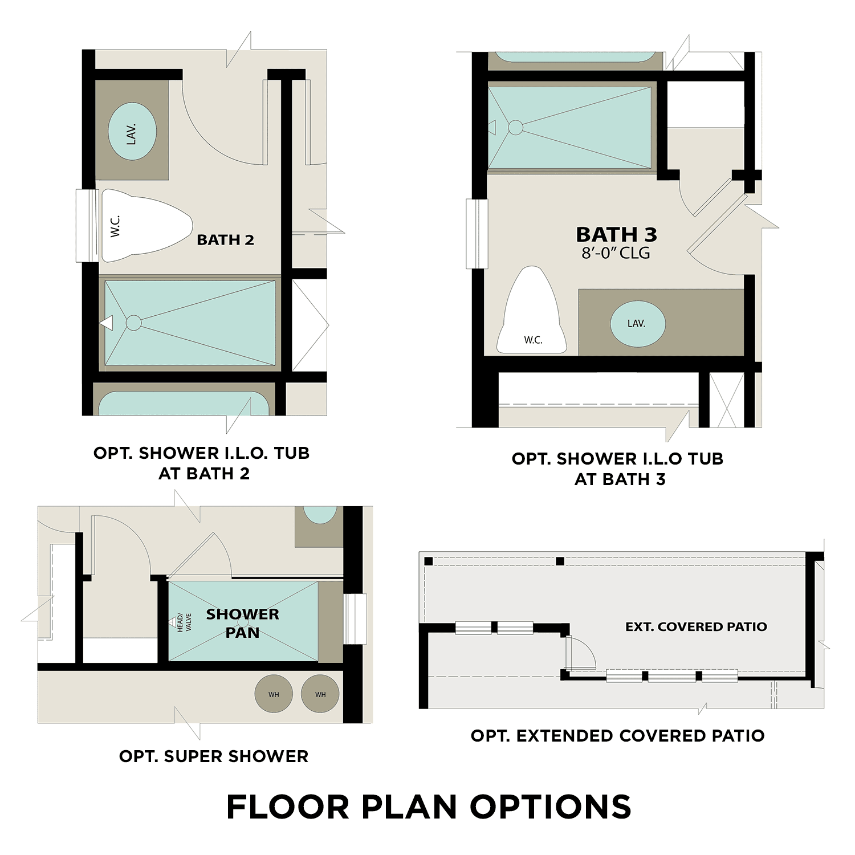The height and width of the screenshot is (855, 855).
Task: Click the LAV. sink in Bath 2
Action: (x=132, y=133)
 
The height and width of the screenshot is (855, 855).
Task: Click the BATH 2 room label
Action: (x=225, y=240)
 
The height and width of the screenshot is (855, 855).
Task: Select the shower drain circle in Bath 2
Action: (x=133, y=323)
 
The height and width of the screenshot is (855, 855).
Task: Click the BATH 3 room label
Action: (x=616, y=234)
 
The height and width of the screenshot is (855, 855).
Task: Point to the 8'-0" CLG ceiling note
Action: (x=616, y=253)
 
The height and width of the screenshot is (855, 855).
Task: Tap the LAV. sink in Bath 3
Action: (x=637, y=324)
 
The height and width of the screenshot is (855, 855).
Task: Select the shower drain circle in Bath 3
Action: (x=515, y=127)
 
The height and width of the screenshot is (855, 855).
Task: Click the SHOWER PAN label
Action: (x=242, y=623)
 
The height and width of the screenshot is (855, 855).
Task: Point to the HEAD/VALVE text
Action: (x=184, y=622)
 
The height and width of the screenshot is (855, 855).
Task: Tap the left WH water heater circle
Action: (x=274, y=694)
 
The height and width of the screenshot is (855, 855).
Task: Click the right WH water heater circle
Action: (x=320, y=694)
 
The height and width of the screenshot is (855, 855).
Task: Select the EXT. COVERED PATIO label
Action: (x=696, y=627)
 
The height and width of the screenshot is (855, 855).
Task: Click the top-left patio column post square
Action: (x=429, y=561)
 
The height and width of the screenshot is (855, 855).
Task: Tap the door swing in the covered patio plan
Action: (x=580, y=653)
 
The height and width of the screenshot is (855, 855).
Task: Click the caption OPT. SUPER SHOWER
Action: (x=214, y=756)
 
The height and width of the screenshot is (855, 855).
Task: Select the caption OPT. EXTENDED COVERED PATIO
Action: (x=617, y=736)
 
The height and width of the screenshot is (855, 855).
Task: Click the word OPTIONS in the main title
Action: (x=550, y=807)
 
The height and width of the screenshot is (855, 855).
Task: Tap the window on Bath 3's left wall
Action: (x=477, y=234)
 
